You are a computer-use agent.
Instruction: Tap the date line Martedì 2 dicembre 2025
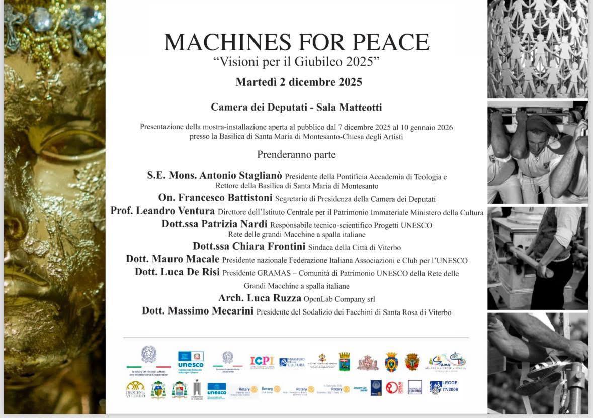[x=299, y=82]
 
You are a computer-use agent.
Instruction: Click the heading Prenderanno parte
[x=296, y=154]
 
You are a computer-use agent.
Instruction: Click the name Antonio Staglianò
[x=241, y=176]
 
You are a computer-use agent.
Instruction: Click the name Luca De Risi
[x=193, y=272]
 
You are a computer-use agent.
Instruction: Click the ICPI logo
[x=262, y=361]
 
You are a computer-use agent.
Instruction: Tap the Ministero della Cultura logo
[x=292, y=362]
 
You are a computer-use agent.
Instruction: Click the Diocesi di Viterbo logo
[x=135, y=389]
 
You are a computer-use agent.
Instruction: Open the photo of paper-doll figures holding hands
[x=537, y=49]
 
